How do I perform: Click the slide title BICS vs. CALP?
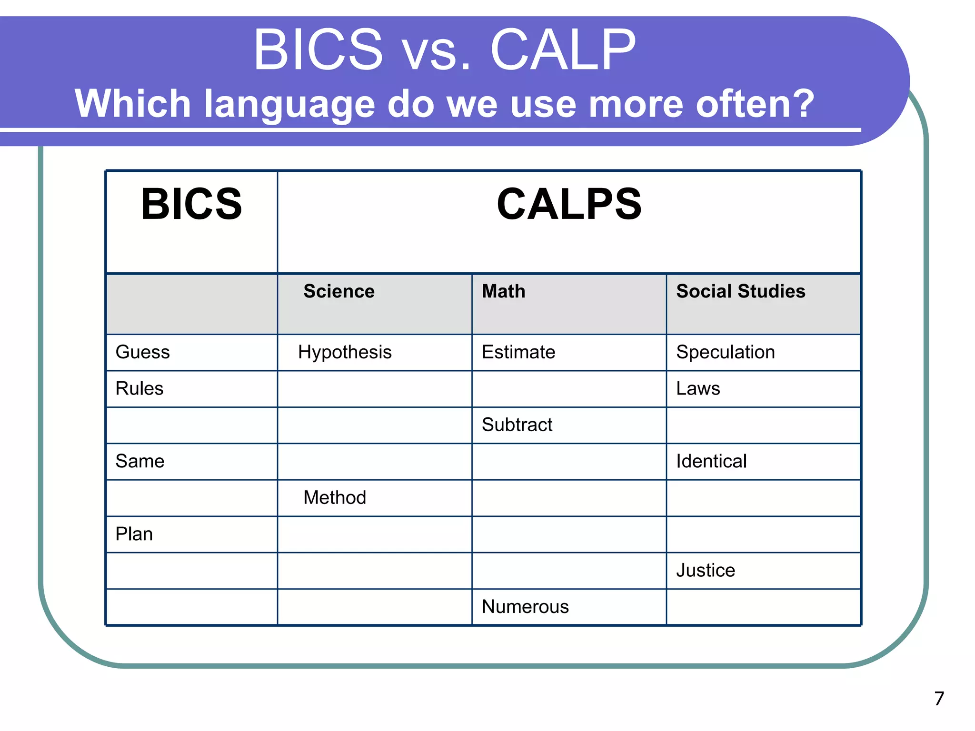(444, 49)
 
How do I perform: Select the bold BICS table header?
(191, 204)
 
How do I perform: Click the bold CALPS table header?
(569, 204)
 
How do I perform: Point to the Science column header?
(339, 291)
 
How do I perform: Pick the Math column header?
(504, 291)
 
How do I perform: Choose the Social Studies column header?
(741, 291)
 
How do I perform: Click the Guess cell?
(143, 352)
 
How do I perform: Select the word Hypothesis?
(345, 353)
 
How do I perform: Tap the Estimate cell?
(518, 352)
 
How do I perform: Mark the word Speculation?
(726, 353)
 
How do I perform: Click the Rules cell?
(139, 388)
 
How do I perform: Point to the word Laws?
(698, 388)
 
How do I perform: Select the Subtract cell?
(517, 425)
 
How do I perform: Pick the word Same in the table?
(140, 461)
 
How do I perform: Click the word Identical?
(711, 461)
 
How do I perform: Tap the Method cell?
(335, 498)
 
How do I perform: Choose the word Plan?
(134, 534)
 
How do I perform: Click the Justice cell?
(706, 570)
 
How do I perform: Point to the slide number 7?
(939, 699)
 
